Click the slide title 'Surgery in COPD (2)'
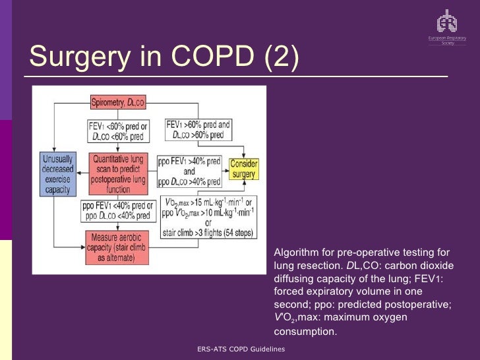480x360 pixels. pos(164,57)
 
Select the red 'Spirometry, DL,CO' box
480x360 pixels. pos(118,102)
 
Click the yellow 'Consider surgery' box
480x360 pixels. pos(243,169)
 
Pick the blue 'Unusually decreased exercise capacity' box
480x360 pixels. pos(58,173)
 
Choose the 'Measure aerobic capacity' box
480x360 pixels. pos(118,247)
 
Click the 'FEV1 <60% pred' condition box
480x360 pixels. pos(118,131)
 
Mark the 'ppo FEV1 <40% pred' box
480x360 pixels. pos(116,210)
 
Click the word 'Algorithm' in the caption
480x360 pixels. pos(294,253)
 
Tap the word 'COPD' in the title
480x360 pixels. pos(210,57)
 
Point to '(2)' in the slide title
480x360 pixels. pos(281,57)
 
